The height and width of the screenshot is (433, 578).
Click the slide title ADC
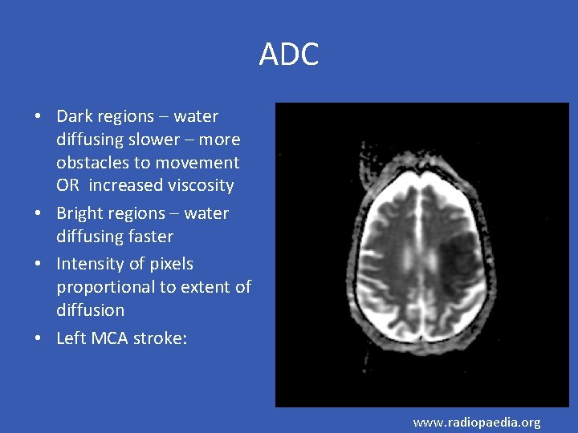pyautogui.click(x=289, y=55)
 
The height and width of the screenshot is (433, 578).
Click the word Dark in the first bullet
pyautogui.click(x=75, y=116)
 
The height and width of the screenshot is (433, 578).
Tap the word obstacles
pyautogui.click(x=92, y=163)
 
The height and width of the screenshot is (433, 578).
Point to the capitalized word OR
pyautogui.click(x=67, y=185)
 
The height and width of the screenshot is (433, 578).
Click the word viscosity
pyautogui.click(x=196, y=185)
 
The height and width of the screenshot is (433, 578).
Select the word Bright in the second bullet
pyautogui.click(x=79, y=213)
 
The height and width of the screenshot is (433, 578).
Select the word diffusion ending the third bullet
pyautogui.click(x=90, y=310)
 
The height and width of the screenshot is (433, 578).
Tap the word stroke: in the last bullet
pyautogui.click(x=162, y=338)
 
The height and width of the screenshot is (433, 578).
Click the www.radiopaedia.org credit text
pyautogui.click(x=477, y=422)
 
